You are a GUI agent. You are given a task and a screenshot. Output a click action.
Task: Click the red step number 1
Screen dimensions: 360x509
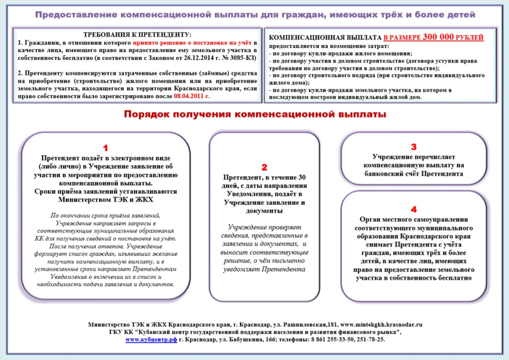click(105, 148)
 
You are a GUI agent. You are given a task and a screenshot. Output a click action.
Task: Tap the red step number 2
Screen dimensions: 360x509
click(264, 167)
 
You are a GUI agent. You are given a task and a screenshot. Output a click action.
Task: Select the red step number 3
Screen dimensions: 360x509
click(414, 147)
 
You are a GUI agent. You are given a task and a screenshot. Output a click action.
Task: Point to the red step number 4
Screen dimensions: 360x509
click(414, 209)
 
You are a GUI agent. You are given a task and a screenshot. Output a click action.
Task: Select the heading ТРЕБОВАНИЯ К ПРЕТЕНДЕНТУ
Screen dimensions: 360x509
click(137, 34)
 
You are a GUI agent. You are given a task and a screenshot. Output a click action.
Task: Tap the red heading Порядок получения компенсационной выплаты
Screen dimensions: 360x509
click(254, 115)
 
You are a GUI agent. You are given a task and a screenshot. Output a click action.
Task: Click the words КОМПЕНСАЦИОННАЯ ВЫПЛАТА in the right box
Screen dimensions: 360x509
click(325, 37)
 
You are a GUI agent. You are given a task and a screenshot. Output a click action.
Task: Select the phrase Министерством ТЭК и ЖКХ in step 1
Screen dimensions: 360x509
click(105, 199)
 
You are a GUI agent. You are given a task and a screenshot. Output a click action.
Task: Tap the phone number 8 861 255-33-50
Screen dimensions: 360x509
click(326, 339)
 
